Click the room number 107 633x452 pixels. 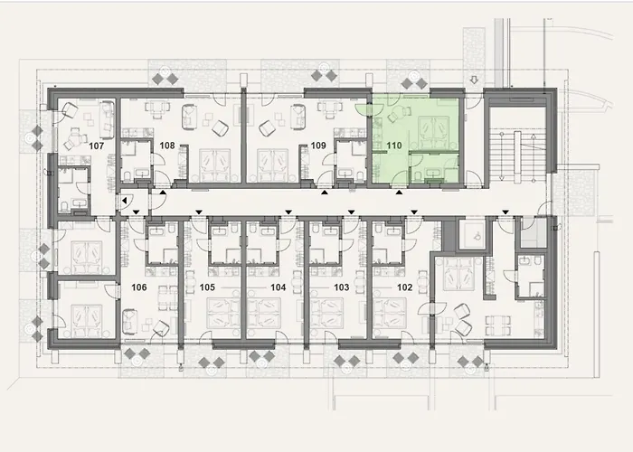(x=98, y=146)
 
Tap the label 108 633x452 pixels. (x=167, y=145)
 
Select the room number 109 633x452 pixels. (x=318, y=145)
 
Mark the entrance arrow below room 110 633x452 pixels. (x=399, y=191)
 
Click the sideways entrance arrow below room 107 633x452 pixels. (x=123, y=200)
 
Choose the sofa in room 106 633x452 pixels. (x=129, y=318)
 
